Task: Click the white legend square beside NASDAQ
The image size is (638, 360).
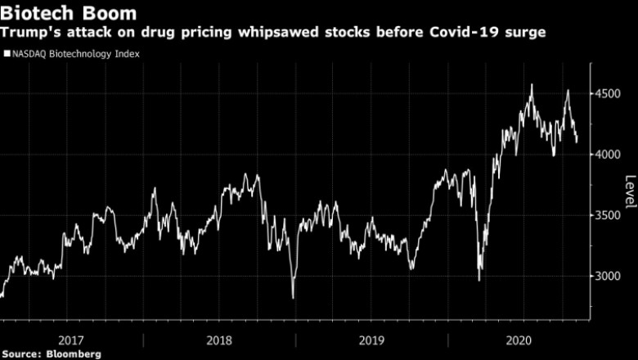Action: (7, 55)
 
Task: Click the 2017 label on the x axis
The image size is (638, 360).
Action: (71, 340)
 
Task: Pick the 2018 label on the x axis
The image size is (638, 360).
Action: (218, 340)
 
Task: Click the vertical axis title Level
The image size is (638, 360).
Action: (629, 191)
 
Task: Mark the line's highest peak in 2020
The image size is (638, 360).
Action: (532, 84)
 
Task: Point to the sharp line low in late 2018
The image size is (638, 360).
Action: (293, 297)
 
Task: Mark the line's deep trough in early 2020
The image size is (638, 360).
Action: (478, 281)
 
